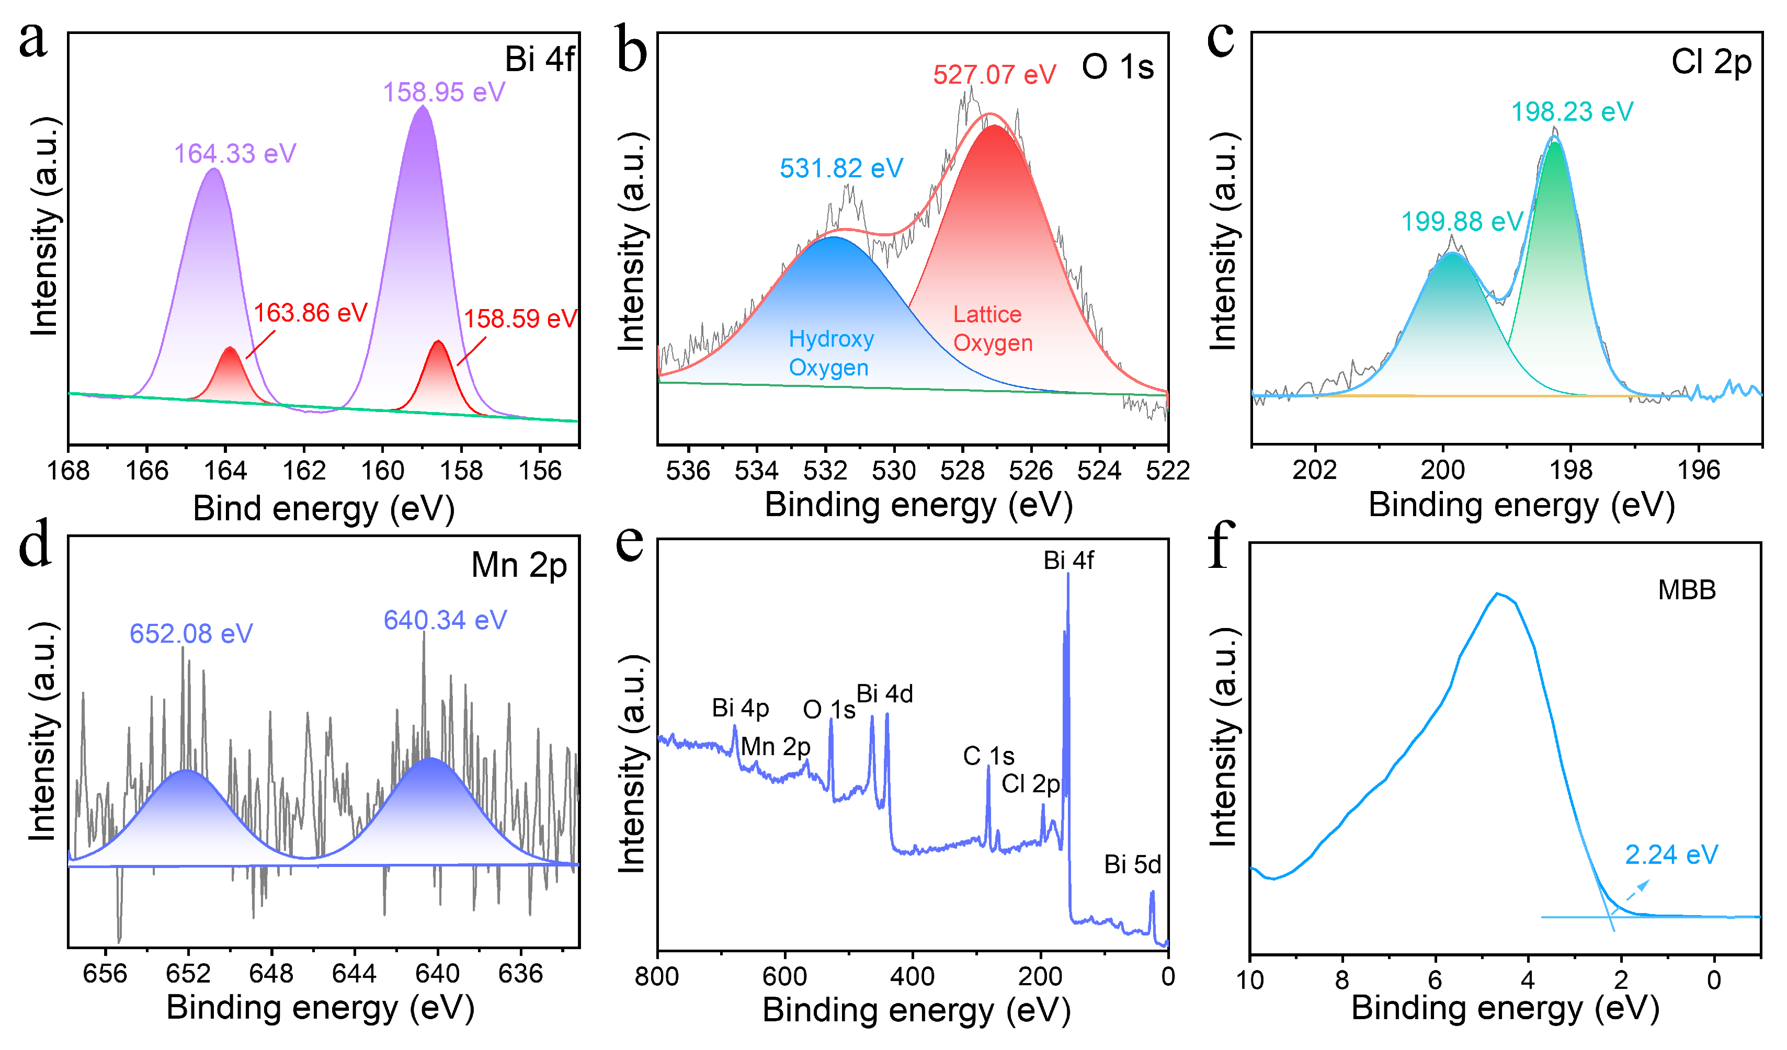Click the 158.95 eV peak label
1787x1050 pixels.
coord(444,92)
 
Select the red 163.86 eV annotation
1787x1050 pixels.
coord(311,313)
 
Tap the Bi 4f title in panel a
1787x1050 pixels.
coord(539,59)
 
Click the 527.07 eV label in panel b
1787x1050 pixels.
coord(994,74)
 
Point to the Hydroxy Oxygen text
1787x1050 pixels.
coord(830,353)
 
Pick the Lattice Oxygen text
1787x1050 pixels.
coord(992,328)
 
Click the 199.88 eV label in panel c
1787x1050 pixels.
coord(1462,222)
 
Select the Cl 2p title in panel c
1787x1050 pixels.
coord(1711,62)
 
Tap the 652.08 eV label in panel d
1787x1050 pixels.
coord(191,634)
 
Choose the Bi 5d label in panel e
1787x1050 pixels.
coord(1132,865)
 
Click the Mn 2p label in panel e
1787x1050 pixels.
coord(775,747)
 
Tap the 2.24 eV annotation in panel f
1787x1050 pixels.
coord(1671,855)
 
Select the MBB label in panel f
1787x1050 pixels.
coord(1686,590)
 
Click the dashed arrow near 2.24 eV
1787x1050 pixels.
coord(1637,890)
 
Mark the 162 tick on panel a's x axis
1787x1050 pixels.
coord(304,471)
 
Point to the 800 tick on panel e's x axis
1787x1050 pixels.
coord(657,977)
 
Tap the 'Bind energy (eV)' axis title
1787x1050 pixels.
coord(323,508)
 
